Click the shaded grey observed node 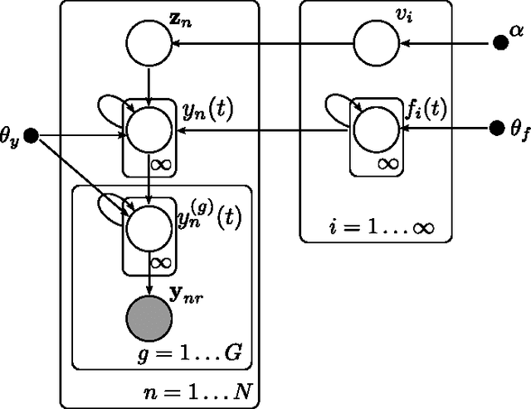(149, 318)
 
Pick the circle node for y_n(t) (149, 131)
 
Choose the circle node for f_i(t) (378, 131)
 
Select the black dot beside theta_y (32, 135)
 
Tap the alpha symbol (517, 31)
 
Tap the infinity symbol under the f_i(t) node (387, 163)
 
